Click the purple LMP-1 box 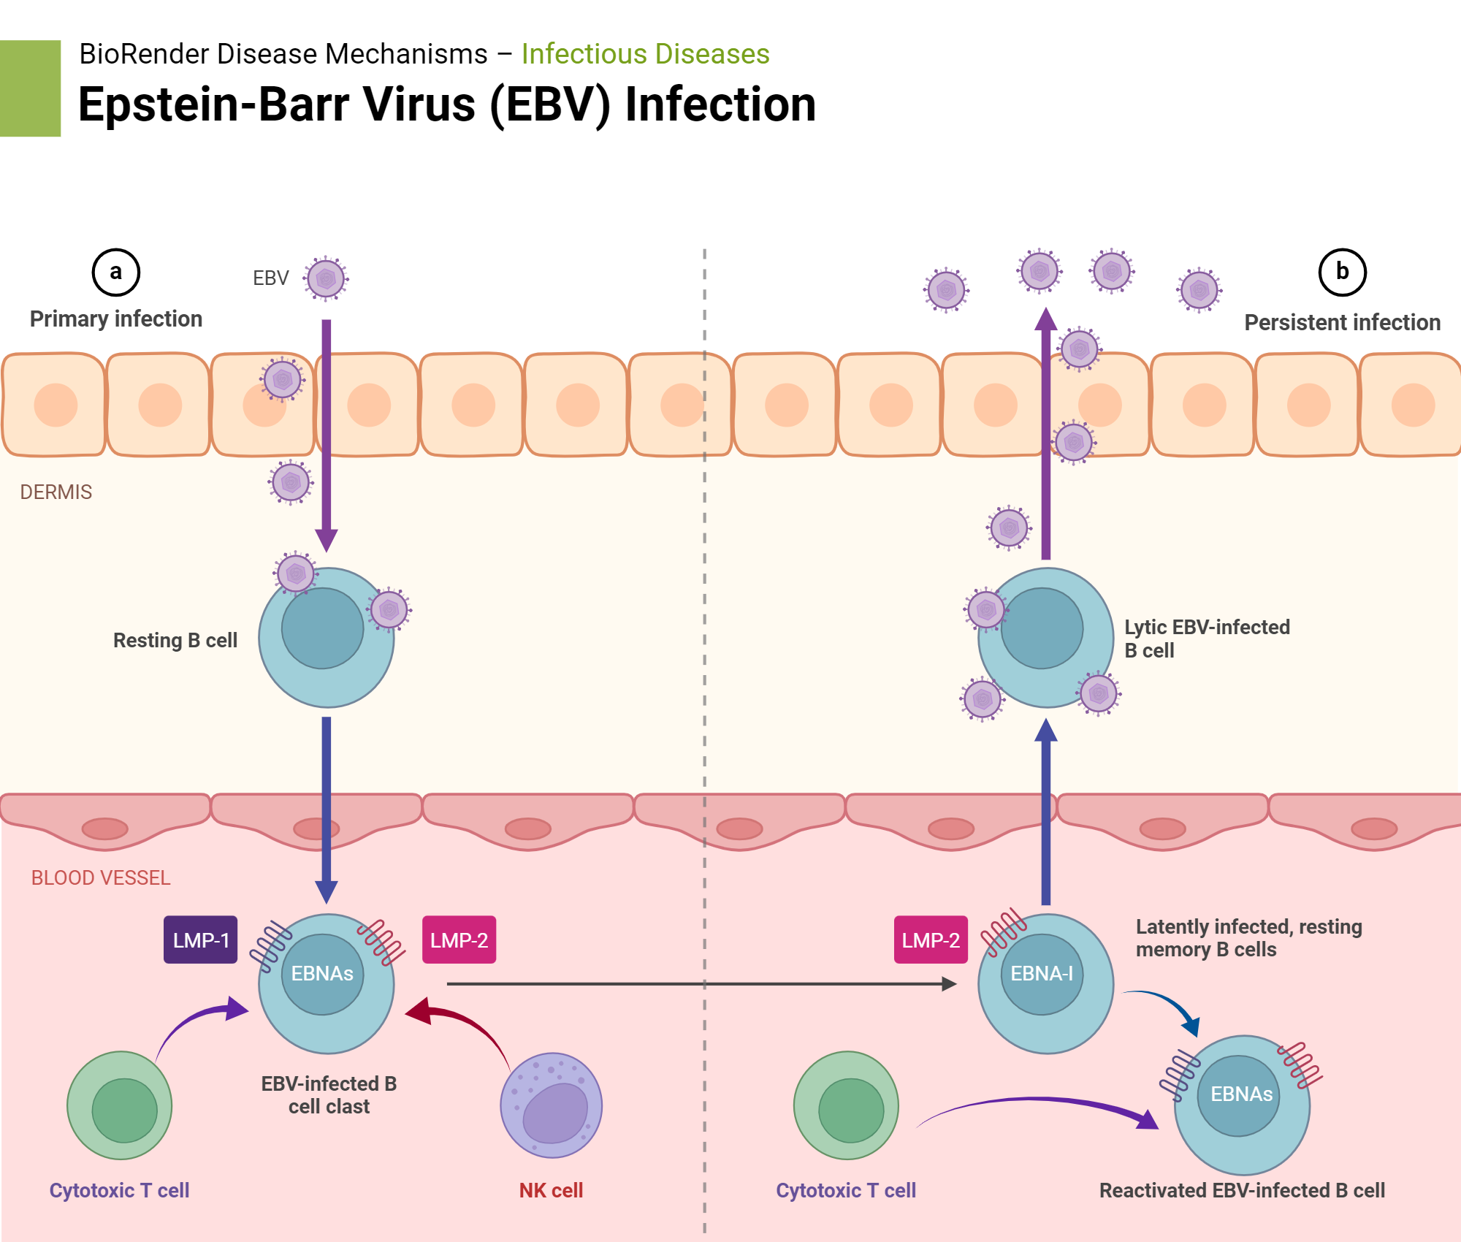click(x=200, y=940)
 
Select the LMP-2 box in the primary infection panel click(x=459, y=940)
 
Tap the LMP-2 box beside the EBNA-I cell click(x=930, y=940)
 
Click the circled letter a click(x=115, y=272)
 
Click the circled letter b click(x=1341, y=272)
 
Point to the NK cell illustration click(x=551, y=1105)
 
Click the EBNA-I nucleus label click(x=1041, y=973)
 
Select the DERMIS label click(x=56, y=492)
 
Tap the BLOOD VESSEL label click(x=100, y=877)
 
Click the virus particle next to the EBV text click(x=326, y=278)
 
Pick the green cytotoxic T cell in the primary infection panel click(x=120, y=1105)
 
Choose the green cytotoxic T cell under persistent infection click(x=847, y=1105)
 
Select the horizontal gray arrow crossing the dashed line click(x=701, y=984)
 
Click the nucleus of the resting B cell click(x=322, y=628)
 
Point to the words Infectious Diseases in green click(x=645, y=54)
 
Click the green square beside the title click(x=30, y=88)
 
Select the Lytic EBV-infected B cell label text click(x=1206, y=638)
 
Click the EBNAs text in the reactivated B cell click(x=1241, y=1094)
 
